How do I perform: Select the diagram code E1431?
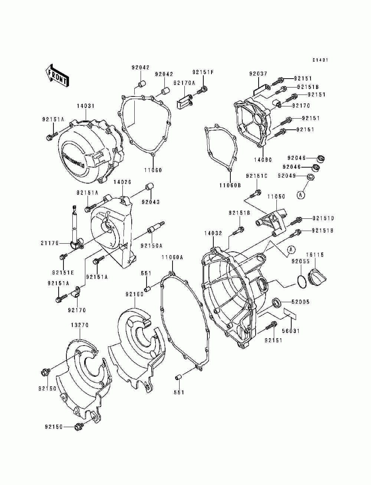pyautogui.click(x=320, y=60)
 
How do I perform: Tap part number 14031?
pyautogui.click(x=86, y=106)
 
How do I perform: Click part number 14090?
pyautogui.click(x=263, y=160)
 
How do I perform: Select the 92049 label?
pyautogui.click(x=287, y=175)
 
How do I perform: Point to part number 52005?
pyautogui.click(x=301, y=302)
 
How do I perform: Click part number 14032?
pyautogui.click(x=213, y=233)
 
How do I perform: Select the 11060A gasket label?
pyautogui.click(x=173, y=257)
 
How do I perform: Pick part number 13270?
pyautogui.click(x=80, y=325)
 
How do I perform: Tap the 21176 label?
pyautogui.click(x=50, y=243)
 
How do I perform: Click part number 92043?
pyautogui.click(x=151, y=202)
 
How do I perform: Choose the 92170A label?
pyautogui.click(x=184, y=83)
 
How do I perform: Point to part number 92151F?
pyautogui.click(x=203, y=72)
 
